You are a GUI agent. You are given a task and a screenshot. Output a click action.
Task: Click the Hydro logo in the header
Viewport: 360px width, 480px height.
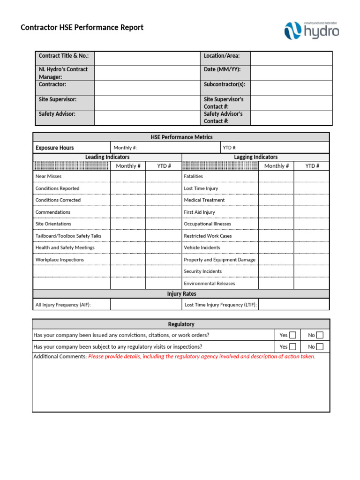pos(311,30)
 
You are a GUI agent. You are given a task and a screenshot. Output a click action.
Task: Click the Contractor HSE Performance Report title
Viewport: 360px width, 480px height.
pos(82,27)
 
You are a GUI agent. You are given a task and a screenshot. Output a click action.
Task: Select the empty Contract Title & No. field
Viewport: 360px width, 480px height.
pos(147,58)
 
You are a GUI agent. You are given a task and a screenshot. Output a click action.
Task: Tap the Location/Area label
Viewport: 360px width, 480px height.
pos(222,56)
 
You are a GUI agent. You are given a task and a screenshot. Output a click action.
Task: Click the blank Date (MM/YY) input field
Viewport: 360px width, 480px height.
pos(291,73)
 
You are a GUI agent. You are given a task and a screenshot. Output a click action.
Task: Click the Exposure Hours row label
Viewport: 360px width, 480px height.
pos(54,148)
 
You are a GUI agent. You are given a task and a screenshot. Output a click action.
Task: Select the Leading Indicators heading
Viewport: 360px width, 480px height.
pos(107,157)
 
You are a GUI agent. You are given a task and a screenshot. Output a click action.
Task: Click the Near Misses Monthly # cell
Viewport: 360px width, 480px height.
pos(128,176)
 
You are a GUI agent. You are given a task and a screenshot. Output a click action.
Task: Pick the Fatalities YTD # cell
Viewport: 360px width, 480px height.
pos(312,176)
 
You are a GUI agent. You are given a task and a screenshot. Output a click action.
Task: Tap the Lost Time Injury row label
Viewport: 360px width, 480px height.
pos(201,188)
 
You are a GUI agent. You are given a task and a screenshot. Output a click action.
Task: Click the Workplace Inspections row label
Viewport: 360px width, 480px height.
pos(60,260)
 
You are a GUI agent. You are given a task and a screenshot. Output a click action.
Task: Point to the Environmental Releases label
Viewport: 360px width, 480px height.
pos(209,284)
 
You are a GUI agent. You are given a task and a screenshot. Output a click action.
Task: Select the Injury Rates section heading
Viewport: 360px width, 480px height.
pos(181,294)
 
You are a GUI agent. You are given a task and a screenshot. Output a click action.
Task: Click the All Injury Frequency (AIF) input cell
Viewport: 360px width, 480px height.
pos(146,305)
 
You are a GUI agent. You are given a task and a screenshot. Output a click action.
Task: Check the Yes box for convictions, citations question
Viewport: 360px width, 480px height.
pos(292,335)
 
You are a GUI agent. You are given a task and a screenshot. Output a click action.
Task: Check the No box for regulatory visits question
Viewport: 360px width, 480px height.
pos(320,347)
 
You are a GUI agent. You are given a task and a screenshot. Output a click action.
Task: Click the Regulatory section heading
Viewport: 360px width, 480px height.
pos(181,324)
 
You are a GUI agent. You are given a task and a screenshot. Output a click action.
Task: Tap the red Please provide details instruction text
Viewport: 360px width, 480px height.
pos(202,357)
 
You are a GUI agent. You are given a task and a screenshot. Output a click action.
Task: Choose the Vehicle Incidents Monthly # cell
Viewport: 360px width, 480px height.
pos(276,247)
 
